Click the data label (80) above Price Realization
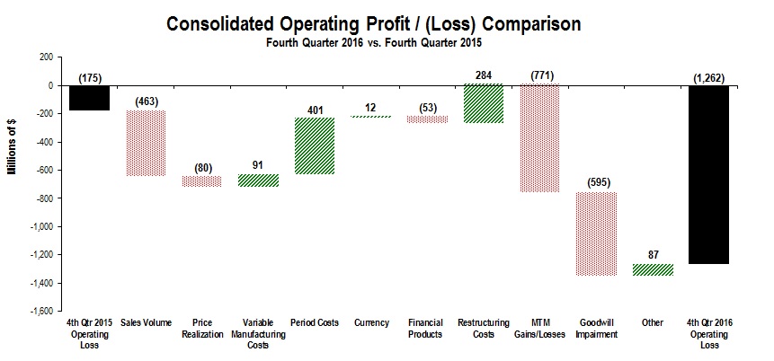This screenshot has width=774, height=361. point(200,167)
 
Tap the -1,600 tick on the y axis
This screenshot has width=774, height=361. point(37,311)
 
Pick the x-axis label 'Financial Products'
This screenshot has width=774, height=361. point(427,329)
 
